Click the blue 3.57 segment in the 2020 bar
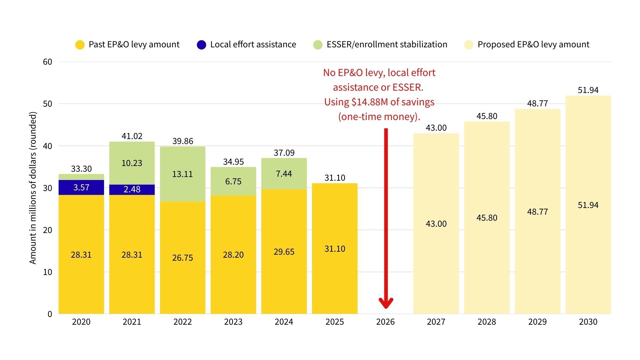(x=81, y=187)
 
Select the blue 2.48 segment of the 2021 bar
(x=132, y=189)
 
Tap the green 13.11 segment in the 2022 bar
(x=182, y=174)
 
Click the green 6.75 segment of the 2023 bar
(x=233, y=181)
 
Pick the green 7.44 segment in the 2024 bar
(x=284, y=174)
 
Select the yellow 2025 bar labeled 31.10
(x=335, y=248)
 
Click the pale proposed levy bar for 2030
(x=588, y=205)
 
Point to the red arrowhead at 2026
(x=386, y=303)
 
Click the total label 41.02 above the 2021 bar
(x=132, y=136)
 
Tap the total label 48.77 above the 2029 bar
(x=537, y=103)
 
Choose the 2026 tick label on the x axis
(x=385, y=322)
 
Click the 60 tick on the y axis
(x=48, y=62)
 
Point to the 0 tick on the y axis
(x=50, y=314)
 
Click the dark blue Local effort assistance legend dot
(x=201, y=45)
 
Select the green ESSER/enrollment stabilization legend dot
(x=318, y=45)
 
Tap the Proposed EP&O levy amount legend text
(x=533, y=45)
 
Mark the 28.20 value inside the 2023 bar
(x=233, y=255)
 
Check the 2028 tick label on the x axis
(x=487, y=322)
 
